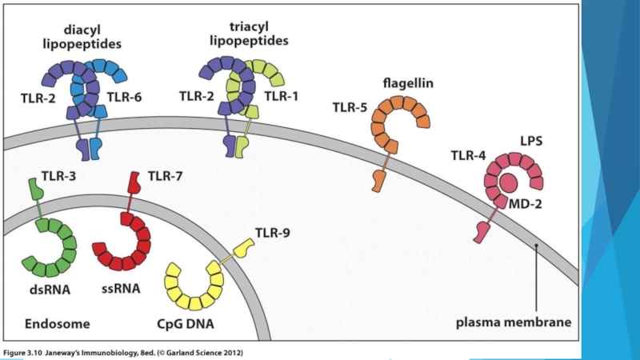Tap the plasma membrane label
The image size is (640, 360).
click(x=514, y=323)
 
